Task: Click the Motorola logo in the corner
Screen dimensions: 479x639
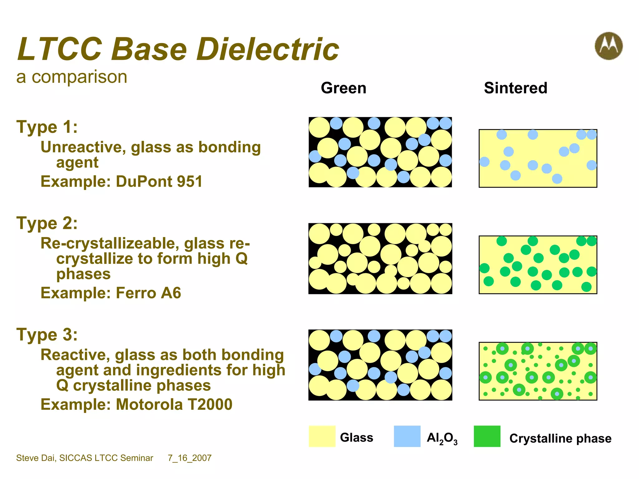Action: [x=608, y=46]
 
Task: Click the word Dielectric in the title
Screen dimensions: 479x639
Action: [x=267, y=49]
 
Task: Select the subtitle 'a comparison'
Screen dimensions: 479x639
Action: [x=72, y=77]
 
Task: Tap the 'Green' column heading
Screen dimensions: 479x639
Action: [x=343, y=88]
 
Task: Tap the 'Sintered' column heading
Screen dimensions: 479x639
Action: [x=515, y=88]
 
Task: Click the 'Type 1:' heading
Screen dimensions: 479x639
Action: [x=47, y=127]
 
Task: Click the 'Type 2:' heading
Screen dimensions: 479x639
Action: [x=47, y=223]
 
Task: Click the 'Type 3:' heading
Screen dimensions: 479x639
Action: [x=47, y=335]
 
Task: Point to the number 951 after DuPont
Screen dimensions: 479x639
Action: [x=189, y=181]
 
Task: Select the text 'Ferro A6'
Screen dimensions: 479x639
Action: [x=148, y=293]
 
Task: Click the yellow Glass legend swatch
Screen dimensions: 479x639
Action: [x=322, y=436]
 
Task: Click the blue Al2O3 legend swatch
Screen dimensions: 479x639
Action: [x=407, y=436]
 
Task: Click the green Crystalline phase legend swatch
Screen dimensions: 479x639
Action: [x=487, y=436]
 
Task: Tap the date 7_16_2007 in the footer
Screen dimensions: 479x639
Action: [x=189, y=458]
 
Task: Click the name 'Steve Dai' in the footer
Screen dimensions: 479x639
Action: [x=36, y=458]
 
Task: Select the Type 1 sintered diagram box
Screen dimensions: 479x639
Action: [x=538, y=158]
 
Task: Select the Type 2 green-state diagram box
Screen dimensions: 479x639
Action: [x=380, y=259]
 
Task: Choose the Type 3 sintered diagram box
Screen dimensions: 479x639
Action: [x=538, y=371]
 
